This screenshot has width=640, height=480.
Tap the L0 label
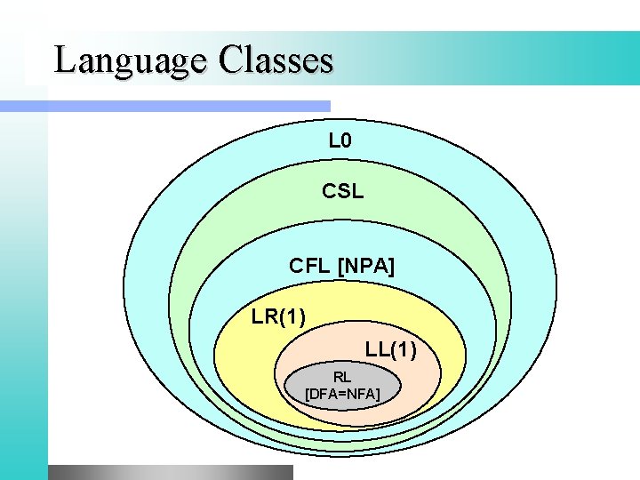[x=341, y=140]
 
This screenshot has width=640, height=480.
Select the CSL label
[x=342, y=191]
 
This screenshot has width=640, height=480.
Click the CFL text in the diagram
[x=310, y=266]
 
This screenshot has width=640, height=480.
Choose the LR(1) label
[x=279, y=316]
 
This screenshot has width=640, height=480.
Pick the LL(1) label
[x=390, y=349]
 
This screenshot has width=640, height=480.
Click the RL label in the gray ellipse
[x=342, y=377]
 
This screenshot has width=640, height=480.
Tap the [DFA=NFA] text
[x=342, y=392]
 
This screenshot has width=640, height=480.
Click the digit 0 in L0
[x=348, y=140]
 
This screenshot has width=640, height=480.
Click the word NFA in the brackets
[x=360, y=392]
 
